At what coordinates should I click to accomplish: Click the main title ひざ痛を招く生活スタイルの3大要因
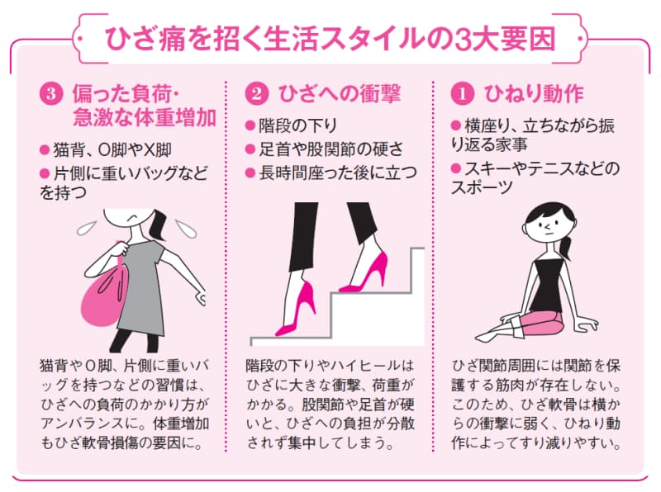point(330,38)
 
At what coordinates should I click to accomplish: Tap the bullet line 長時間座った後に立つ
point(330,173)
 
